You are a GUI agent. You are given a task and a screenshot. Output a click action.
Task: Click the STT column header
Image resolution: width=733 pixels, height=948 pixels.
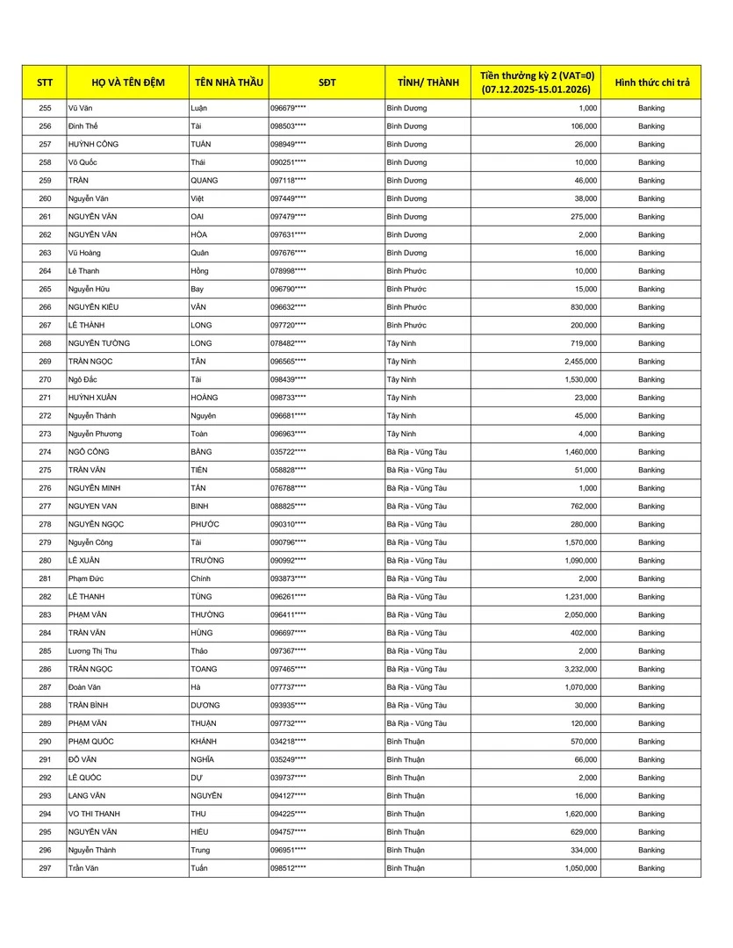coord(45,83)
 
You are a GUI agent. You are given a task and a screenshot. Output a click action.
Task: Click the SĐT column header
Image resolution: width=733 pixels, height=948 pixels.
coord(327,83)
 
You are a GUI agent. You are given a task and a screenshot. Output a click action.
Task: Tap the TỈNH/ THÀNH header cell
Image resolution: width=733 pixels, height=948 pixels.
coord(428,83)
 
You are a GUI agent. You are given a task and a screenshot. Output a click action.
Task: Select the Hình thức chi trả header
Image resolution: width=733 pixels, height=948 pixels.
coord(651,83)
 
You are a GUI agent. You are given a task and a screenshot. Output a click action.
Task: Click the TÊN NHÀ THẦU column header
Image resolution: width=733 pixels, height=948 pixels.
coord(228,83)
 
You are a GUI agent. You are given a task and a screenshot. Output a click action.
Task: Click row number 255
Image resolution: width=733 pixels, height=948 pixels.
coord(45,108)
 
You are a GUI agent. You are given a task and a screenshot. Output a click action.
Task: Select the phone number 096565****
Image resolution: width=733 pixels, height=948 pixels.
coord(288,362)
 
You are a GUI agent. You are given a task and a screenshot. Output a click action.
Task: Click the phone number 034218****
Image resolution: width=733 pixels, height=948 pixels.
coord(288,742)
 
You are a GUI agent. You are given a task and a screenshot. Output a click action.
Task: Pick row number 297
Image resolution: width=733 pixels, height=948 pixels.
coord(45,868)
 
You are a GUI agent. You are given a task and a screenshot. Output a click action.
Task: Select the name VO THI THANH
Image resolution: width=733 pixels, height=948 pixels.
coord(94,814)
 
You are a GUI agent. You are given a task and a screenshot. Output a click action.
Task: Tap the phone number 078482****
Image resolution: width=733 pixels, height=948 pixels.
coord(288,343)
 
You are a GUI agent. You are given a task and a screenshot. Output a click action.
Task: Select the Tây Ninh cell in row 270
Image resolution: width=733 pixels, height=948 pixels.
coord(401,380)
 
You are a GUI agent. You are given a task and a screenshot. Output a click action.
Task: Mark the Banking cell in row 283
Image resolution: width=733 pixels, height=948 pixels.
coord(651,615)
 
